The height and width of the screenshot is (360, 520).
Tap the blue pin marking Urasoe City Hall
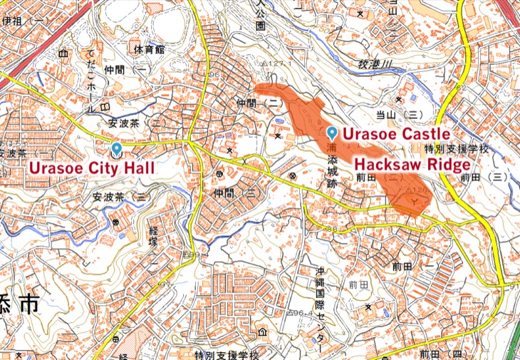pyautogui.click(x=116, y=150)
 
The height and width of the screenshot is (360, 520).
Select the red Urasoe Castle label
pyautogui.click(x=396, y=134)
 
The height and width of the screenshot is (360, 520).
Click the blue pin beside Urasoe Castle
pyautogui.click(x=332, y=133)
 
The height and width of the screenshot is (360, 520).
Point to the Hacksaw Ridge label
pyautogui.click(x=412, y=165)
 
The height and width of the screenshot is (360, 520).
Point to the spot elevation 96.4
pyautogui.click(x=302, y=314)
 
